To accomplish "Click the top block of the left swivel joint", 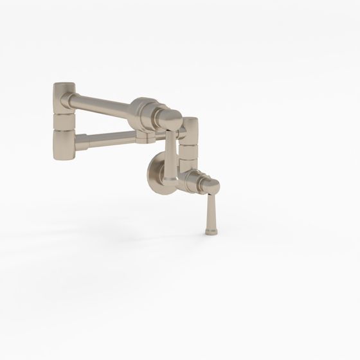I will click(64, 94).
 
